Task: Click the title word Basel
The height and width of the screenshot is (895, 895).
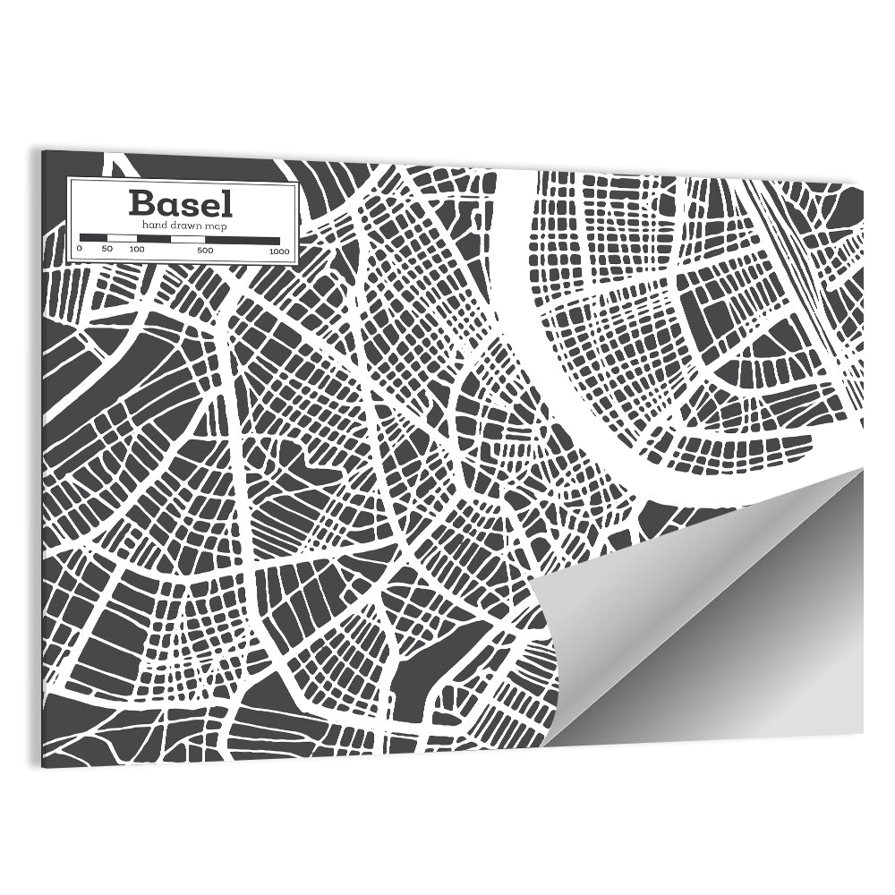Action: (x=181, y=203)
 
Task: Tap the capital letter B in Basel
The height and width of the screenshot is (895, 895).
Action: (x=140, y=203)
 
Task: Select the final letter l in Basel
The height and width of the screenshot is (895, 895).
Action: (x=227, y=203)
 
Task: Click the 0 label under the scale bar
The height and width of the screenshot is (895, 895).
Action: (x=79, y=250)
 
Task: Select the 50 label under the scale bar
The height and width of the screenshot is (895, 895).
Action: (x=107, y=250)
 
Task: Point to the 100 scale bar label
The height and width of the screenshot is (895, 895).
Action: (x=136, y=250)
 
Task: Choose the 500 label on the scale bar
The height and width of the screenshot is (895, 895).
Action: (x=204, y=251)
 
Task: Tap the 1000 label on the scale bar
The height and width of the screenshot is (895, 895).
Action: (x=278, y=251)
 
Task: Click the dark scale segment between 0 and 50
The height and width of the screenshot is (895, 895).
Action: (x=93, y=239)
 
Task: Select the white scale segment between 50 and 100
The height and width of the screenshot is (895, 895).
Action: (x=122, y=239)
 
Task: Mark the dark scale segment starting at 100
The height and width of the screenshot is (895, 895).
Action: (x=153, y=239)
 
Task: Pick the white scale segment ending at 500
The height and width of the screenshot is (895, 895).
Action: (x=187, y=239)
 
